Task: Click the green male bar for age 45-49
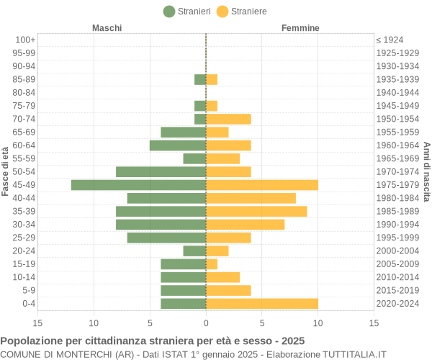138,185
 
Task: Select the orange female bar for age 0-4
262,303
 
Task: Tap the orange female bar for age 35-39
256,211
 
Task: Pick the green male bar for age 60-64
178,145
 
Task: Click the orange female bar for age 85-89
212,79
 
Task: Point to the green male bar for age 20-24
194,251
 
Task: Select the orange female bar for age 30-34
245,224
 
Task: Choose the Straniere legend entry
242,12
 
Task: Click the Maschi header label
107,28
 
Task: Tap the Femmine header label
300,28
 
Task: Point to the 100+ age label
25,40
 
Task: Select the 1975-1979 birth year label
397,185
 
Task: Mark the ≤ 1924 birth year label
390,40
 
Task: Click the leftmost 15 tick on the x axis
37,323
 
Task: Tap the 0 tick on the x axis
206,323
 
